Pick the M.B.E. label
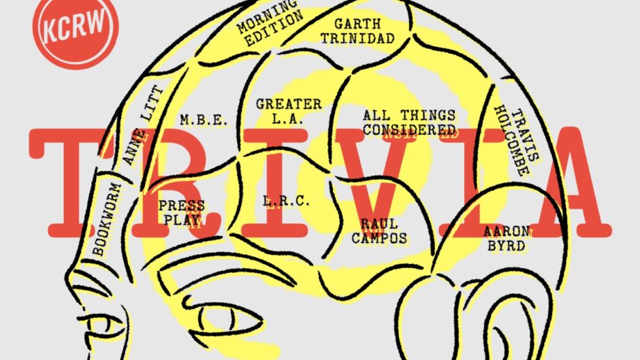tap(198, 120)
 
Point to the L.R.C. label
tap(287, 201)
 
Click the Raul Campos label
tap(384, 231)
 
